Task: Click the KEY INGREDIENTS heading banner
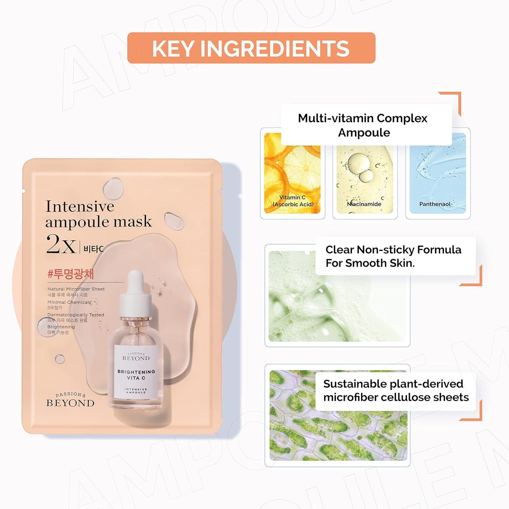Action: tap(251, 48)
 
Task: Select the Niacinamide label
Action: tap(364, 204)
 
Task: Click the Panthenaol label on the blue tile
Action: tap(435, 204)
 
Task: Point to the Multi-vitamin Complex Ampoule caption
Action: tap(363, 125)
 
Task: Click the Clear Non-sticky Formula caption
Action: tap(393, 256)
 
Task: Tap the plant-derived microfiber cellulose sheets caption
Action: tap(396, 390)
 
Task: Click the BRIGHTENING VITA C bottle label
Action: tap(136, 375)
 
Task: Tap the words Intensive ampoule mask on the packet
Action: tap(98, 214)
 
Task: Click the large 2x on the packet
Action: tap(61, 244)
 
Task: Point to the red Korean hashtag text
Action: tap(70, 274)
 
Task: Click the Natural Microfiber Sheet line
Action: tap(76, 289)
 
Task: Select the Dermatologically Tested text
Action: tap(76, 315)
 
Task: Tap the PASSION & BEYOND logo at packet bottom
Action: tap(70, 400)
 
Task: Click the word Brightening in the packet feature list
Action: tap(61, 327)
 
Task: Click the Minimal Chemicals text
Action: tap(69, 302)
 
